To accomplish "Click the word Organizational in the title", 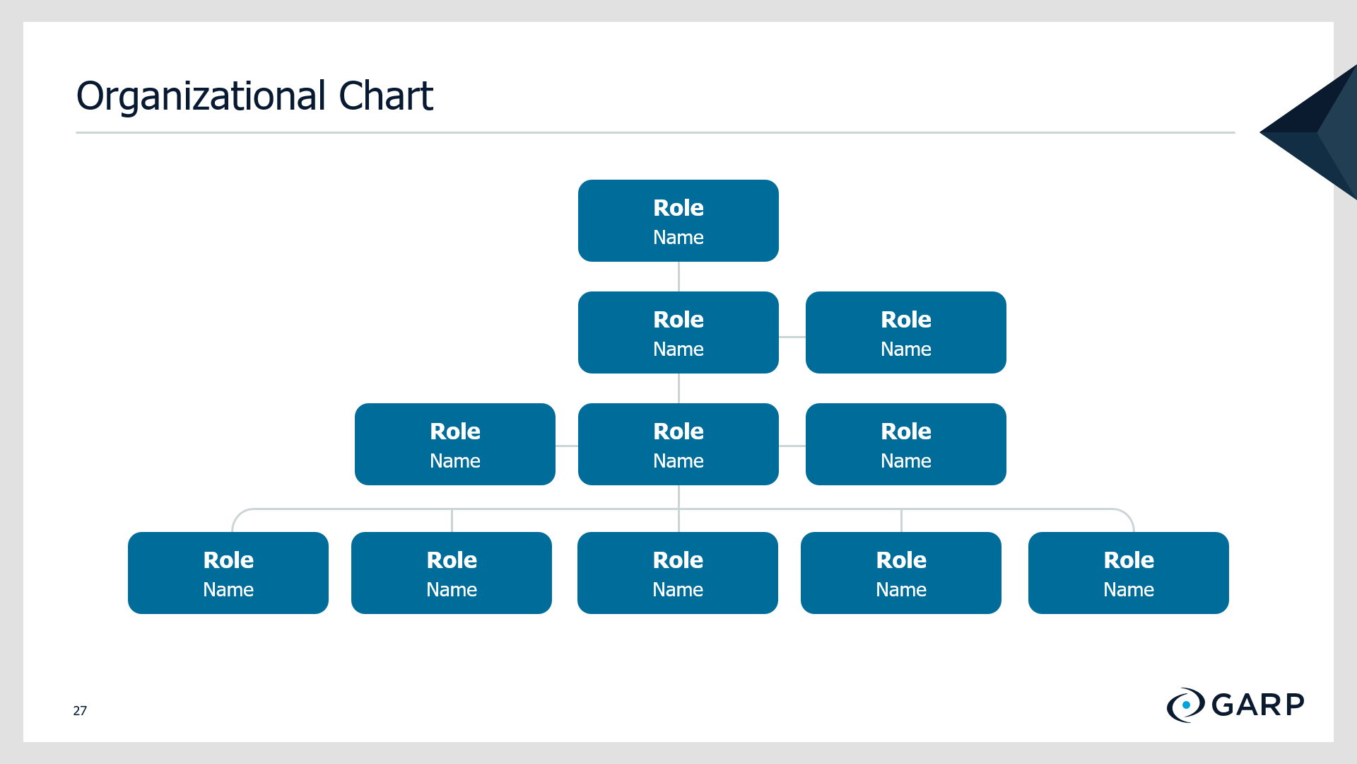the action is pos(201,97).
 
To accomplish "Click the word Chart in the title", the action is pos(386,96).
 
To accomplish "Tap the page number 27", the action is pos(80,710).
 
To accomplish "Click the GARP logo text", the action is pos(1258,705).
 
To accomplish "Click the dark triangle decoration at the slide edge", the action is pos(1308,132).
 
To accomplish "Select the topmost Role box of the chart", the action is pos(678,221).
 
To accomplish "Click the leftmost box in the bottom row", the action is pos(228,573).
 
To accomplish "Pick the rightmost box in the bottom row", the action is pos(1129,573).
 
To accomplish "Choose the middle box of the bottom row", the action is pos(678,573).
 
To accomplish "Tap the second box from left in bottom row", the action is pos(452,573).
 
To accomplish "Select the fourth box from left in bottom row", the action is pos(901,573).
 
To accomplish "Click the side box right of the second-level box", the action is pos(906,332).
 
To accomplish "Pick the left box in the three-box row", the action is pos(455,444).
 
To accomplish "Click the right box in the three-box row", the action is pos(906,444).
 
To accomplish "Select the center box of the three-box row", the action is pos(678,444).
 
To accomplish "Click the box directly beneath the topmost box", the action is pos(678,332).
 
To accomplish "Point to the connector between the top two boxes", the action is pos(678,277).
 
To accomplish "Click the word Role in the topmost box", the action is pos(678,207).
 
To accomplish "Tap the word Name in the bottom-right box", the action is pos(1129,589).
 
